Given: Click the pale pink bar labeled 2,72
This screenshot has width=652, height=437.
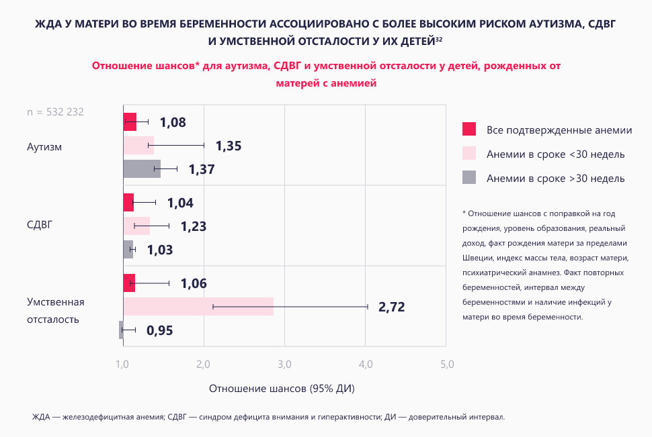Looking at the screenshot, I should click(x=198, y=307).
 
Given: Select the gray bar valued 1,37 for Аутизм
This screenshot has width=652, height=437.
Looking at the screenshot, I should click(x=142, y=168).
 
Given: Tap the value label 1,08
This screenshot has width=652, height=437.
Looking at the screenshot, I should click(x=173, y=122).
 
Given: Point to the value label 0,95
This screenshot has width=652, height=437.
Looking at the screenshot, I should click(x=160, y=330).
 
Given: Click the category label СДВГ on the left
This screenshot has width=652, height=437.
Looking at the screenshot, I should click(x=39, y=225).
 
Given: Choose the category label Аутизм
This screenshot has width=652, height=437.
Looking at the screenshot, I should click(x=44, y=146).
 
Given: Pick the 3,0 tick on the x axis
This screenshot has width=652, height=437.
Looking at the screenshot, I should click(x=284, y=365).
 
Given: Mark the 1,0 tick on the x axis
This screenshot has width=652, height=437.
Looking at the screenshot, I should click(x=122, y=365).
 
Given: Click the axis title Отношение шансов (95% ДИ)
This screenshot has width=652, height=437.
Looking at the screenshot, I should click(x=282, y=389).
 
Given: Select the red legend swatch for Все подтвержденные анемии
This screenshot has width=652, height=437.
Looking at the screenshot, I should click(x=469, y=130).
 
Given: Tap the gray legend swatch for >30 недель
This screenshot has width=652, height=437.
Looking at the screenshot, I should click(x=469, y=178).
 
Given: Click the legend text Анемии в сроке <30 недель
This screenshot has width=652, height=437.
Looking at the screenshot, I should click(x=556, y=154).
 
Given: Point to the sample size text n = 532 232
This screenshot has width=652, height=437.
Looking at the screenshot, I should click(x=55, y=112).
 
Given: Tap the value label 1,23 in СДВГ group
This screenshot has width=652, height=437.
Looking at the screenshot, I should click(x=193, y=227).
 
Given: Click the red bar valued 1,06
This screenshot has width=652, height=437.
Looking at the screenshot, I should click(x=129, y=283).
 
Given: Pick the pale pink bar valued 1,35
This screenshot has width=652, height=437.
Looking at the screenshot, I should click(x=138, y=145).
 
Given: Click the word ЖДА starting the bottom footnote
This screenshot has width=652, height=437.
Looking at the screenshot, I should click(x=42, y=417).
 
